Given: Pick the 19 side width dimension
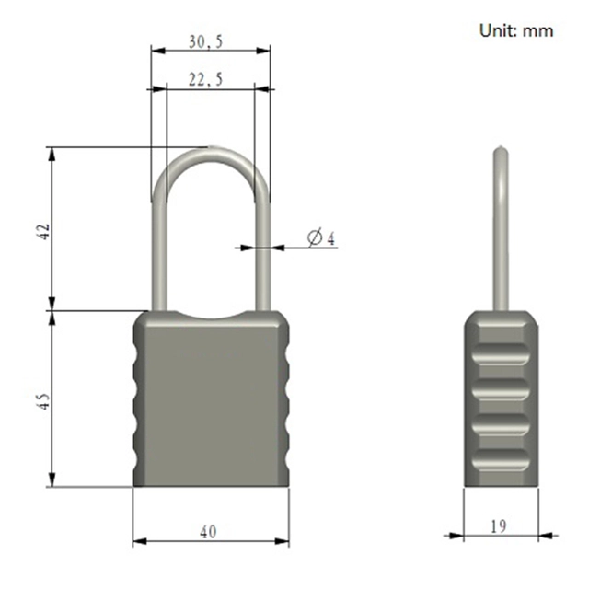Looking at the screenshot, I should pyautogui.click(x=498, y=526).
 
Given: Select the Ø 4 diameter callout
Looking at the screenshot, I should pyautogui.click(x=321, y=238).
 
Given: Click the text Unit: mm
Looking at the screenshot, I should pyautogui.click(x=516, y=30).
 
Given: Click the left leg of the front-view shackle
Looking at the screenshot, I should pyautogui.click(x=158, y=248).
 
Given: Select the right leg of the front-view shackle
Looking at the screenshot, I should pyautogui.click(x=263, y=248).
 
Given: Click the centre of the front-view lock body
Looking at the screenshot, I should pyautogui.click(x=211, y=400).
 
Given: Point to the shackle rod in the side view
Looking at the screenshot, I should pyautogui.click(x=500, y=239).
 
